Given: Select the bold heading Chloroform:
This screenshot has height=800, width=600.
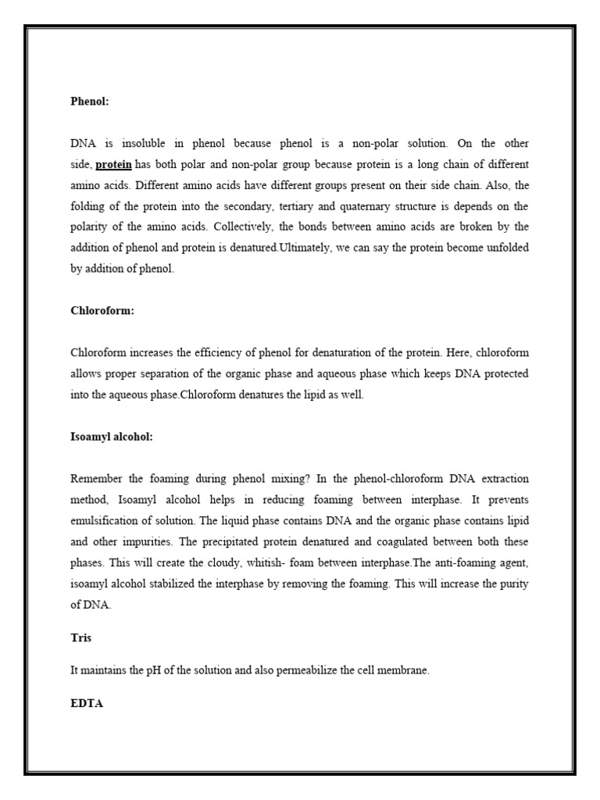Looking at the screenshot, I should click(102, 310).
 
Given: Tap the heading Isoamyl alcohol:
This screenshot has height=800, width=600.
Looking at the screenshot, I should click(112, 437).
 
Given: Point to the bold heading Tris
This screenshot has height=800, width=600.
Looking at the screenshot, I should click(80, 637).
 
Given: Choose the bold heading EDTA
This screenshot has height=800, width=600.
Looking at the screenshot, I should click(87, 703).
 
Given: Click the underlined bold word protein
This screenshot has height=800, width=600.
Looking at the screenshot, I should click(114, 164).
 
